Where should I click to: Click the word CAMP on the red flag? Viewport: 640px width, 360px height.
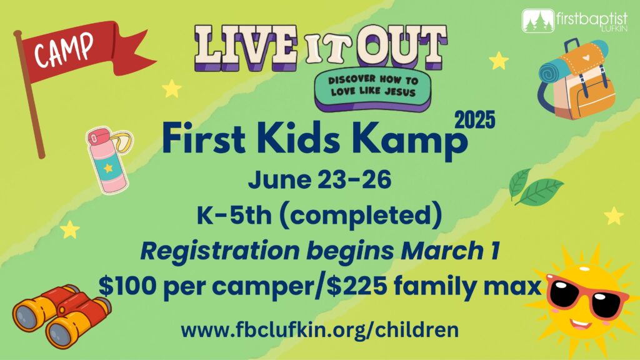63,50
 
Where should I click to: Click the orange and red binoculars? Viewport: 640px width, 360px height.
62,316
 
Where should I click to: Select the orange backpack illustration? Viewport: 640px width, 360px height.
576,79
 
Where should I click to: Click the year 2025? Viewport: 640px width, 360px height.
475,121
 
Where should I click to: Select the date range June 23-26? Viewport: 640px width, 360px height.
319,179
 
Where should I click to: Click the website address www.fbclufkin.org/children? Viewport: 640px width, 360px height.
319,329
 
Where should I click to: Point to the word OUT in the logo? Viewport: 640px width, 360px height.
402,47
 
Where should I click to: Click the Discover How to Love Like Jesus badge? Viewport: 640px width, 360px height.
372,89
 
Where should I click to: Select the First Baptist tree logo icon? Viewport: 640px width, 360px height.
538,21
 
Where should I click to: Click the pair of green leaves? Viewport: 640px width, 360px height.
535,186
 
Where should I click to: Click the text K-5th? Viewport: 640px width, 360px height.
234,215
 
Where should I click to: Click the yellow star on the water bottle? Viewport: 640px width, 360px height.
107,167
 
